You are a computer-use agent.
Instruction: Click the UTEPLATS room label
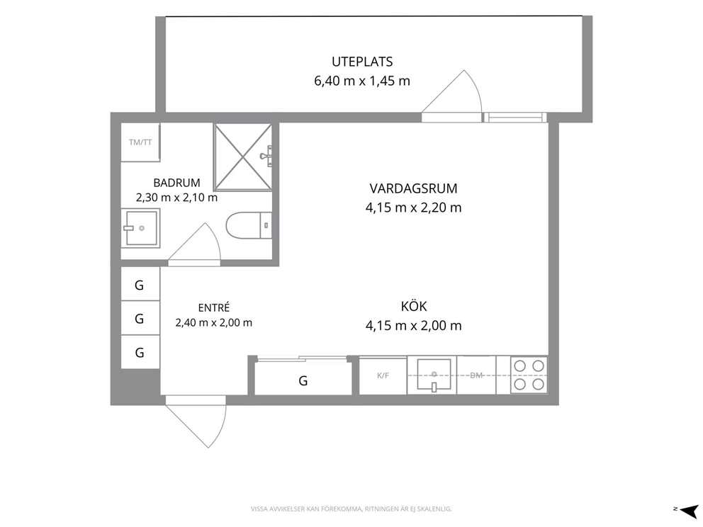coord(362,62)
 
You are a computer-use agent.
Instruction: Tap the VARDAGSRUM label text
coord(413,188)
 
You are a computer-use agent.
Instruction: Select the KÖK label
coord(414,306)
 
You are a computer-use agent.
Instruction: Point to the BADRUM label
coord(176,183)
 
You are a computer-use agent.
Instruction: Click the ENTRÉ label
coord(214,307)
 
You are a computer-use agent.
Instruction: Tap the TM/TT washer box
coord(140,142)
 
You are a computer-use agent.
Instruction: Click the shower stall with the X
coord(242,157)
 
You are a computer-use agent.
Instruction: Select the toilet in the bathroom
coord(249,225)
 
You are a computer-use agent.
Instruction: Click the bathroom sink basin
coord(141,229)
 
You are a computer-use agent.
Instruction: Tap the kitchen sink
coord(434,375)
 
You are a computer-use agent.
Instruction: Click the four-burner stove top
coord(529,375)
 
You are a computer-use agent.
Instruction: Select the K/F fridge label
coord(383,375)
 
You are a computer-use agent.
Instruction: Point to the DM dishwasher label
coord(476,375)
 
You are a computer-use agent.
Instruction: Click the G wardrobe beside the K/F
coord(303,380)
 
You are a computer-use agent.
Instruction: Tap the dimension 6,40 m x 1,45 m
coord(362,81)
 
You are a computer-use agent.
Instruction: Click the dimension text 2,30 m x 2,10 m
coord(176,197)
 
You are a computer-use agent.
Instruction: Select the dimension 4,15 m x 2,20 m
coord(413,208)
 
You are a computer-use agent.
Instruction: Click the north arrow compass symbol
coord(689,510)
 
